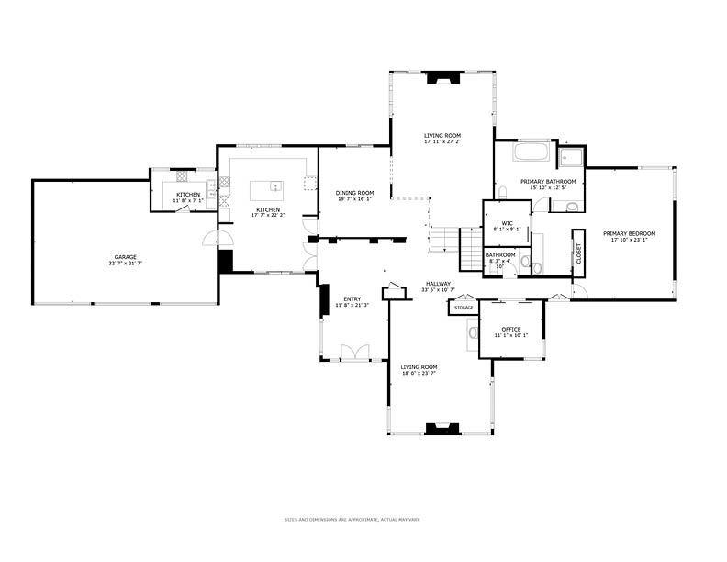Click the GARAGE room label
pos(125,257)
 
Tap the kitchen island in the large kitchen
pos(266,189)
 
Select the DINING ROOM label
pos(354,192)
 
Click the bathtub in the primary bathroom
pos(531,152)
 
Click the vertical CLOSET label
pos(578,253)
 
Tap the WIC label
pos(507,222)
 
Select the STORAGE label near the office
pos(464,308)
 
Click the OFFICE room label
pos(511,329)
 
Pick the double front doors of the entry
pos(353,352)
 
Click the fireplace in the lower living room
pos(442,427)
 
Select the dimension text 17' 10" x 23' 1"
pos(630,241)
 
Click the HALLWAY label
pos(438,283)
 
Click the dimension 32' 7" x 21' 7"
pos(125,264)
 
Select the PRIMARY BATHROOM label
pos(548,182)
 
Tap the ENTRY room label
pos(352,298)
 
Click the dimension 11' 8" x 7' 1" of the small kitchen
pos(188,201)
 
